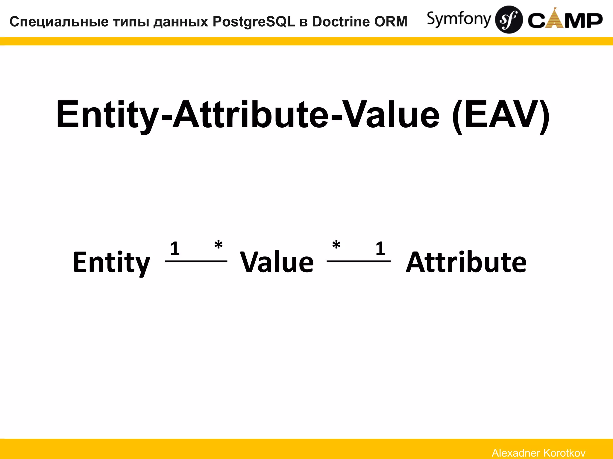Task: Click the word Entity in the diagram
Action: pyautogui.click(x=111, y=262)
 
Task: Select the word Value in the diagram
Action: pyautogui.click(x=277, y=262)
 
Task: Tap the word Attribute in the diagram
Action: pyautogui.click(x=466, y=262)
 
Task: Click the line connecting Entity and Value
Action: pyautogui.click(x=196, y=261)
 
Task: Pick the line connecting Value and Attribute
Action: pyautogui.click(x=359, y=261)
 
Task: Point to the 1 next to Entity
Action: pyautogui.click(x=175, y=249)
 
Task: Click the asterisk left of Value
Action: pyautogui.click(x=219, y=246)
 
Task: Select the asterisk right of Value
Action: pyautogui.click(x=336, y=246)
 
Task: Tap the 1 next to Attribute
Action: pyautogui.click(x=380, y=249)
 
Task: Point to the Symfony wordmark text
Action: pyautogui.click(x=459, y=19)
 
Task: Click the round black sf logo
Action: pyautogui.click(x=509, y=19)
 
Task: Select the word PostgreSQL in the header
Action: pyautogui.click(x=254, y=22)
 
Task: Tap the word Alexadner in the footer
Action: pyautogui.click(x=516, y=453)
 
